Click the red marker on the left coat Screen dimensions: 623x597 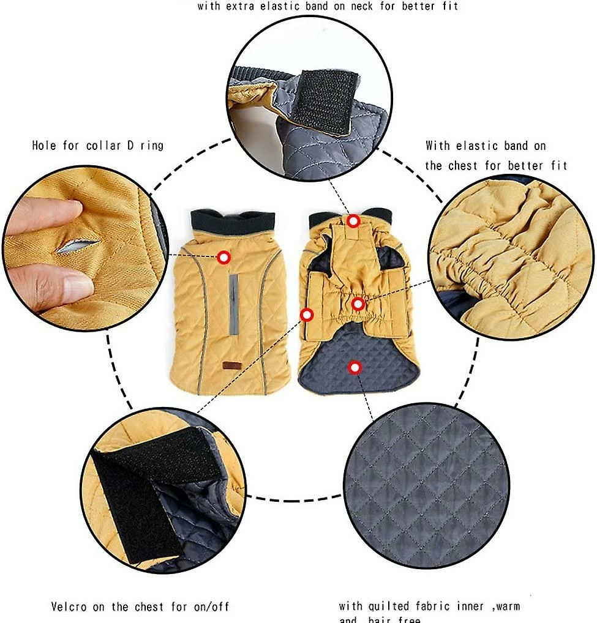pyautogui.click(x=224, y=258)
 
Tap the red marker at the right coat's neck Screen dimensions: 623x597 pyautogui.click(x=353, y=221)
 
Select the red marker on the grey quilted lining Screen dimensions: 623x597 pyautogui.click(x=354, y=367)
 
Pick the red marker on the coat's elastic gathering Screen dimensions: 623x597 pyautogui.click(x=358, y=304)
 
